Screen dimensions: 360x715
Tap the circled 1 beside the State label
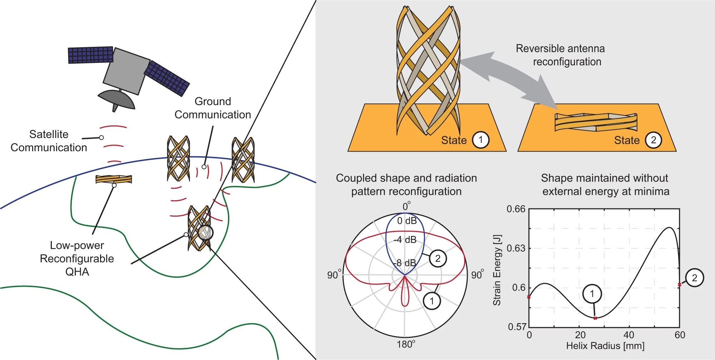481,140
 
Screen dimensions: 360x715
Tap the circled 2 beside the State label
653,140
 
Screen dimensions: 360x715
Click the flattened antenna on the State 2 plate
596,122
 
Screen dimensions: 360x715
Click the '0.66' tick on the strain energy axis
516,209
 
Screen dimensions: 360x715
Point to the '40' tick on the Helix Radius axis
629,335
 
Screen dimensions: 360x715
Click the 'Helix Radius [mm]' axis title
605,346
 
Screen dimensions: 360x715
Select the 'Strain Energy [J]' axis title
497,270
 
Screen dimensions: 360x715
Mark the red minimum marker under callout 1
595,318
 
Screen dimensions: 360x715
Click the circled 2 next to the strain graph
694,278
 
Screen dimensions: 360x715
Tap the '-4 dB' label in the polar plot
405,240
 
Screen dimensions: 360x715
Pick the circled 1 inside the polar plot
432,301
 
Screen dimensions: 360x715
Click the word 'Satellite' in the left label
49,134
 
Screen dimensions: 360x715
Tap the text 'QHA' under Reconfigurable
77,272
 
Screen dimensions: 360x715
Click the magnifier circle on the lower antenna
205,232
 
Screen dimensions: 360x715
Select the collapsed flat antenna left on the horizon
114,179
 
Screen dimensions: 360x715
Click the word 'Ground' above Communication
213,101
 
